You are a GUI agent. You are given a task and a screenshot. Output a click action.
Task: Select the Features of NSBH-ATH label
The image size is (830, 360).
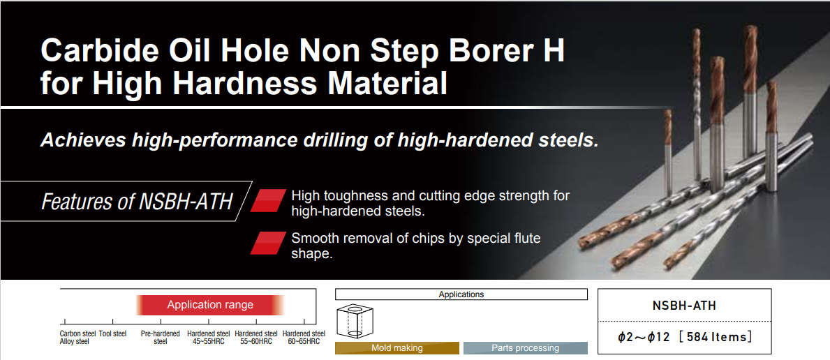[x=137, y=202]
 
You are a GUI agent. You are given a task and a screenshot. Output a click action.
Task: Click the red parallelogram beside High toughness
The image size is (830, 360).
[x=268, y=201]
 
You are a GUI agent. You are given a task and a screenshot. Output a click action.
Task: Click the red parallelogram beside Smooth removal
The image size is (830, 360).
[x=268, y=243]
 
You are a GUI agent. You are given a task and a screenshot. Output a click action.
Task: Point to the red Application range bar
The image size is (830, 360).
[x=210, y=305]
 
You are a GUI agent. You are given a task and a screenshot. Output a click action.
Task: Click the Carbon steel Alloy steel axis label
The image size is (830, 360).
[x=77, y=337]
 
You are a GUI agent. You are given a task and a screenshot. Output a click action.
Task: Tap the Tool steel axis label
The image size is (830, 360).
[x=113, y=333]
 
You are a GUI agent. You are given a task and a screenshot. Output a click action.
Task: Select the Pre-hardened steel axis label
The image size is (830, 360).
[x=161, y=337]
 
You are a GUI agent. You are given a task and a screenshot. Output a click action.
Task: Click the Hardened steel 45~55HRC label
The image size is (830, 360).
[x=209, y=337]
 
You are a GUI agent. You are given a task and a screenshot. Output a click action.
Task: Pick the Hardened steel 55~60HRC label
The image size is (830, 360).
[x=256, y=337]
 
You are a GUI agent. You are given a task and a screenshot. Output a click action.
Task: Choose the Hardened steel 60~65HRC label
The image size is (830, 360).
[x=304, y=337]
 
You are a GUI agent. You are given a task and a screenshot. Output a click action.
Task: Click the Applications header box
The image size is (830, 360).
[x=461, y=294]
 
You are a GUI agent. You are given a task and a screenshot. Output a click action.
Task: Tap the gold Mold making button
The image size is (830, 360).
[x=397, y=348]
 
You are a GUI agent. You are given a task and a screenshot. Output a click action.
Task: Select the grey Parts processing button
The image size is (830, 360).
[x=525, y=348]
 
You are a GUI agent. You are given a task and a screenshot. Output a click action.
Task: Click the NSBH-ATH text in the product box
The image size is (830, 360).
[x=684, y=306]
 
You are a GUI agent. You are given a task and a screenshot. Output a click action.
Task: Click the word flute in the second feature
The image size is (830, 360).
[x=526, y=238]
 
